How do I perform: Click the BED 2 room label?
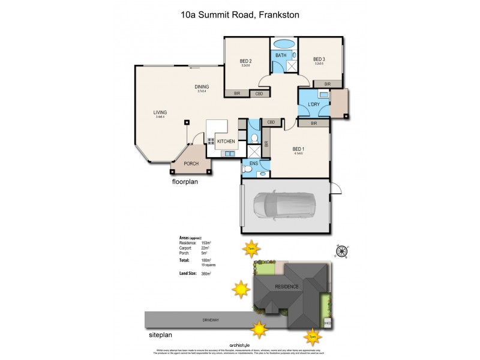tap(245, 61)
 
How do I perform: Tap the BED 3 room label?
tap(319, 59)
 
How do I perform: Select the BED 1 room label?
tap(298, 149)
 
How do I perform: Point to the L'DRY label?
tap(313, 105)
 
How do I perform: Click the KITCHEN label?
tap(226, 141)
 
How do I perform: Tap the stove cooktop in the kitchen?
tap(211, 142)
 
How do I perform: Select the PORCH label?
tap(191, 163)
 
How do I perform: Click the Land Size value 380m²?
tap(206, 273)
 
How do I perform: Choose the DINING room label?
tap(202, 87)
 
